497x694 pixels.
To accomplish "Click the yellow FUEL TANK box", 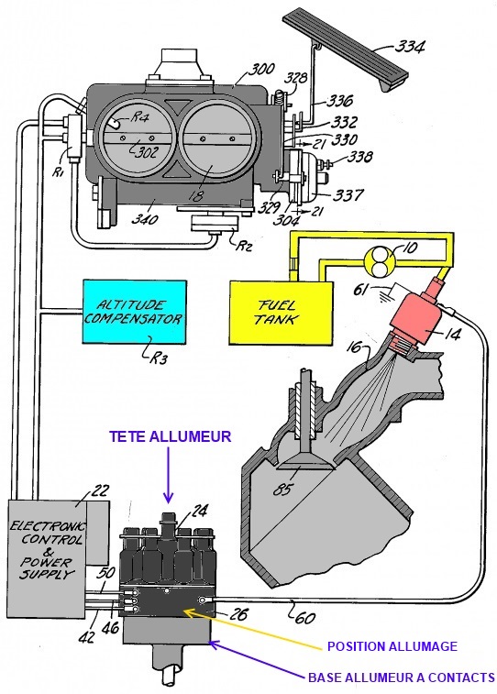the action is [x=281, y=313].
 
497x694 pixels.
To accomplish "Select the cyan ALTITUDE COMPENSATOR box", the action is [x=135, y=311].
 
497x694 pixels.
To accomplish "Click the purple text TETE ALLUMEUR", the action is [x=171, y=436].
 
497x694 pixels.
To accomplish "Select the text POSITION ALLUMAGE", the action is [x=392, y=646].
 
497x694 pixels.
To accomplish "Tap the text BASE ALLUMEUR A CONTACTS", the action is [x=402, y=677].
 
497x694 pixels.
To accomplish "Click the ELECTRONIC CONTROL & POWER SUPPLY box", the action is [x=48, y=558].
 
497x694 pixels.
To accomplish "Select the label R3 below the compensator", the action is [x=158, y=358].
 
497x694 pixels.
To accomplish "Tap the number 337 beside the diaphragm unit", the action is [x=348, y=194].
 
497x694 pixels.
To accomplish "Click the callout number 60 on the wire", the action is [x=305, y=616].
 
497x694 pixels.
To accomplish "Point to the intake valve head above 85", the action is [x=306, y=463].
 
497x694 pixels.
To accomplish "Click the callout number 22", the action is [x=101, y=490].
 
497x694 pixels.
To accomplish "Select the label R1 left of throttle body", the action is [x=59, y=171].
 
